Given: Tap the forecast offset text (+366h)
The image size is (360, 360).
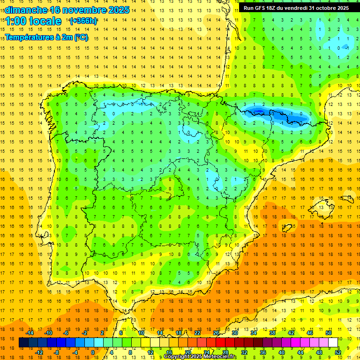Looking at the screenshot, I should pyautogui.click(x=83, y=21).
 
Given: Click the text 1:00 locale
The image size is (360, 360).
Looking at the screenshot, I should pyautogui.click(x=33, y=21).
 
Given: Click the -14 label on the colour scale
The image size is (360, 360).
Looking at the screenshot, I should pyautogui.click(x=30, y=333).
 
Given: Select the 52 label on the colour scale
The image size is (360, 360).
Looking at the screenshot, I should pyautogui.click(x=338, y=352).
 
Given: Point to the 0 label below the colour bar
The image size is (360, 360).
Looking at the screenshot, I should pyautogui.click(x=92, y=352).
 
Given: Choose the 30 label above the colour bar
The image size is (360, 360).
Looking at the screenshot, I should pyautogui.click(x=234, y=333).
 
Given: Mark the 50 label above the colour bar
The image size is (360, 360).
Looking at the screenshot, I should pyautogui.click(x=329, y=333).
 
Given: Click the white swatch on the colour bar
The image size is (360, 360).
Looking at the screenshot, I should pyautogui.click(x=333, y=343).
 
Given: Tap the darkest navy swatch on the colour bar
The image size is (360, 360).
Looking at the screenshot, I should pyautogui.click(x=23, y=343).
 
